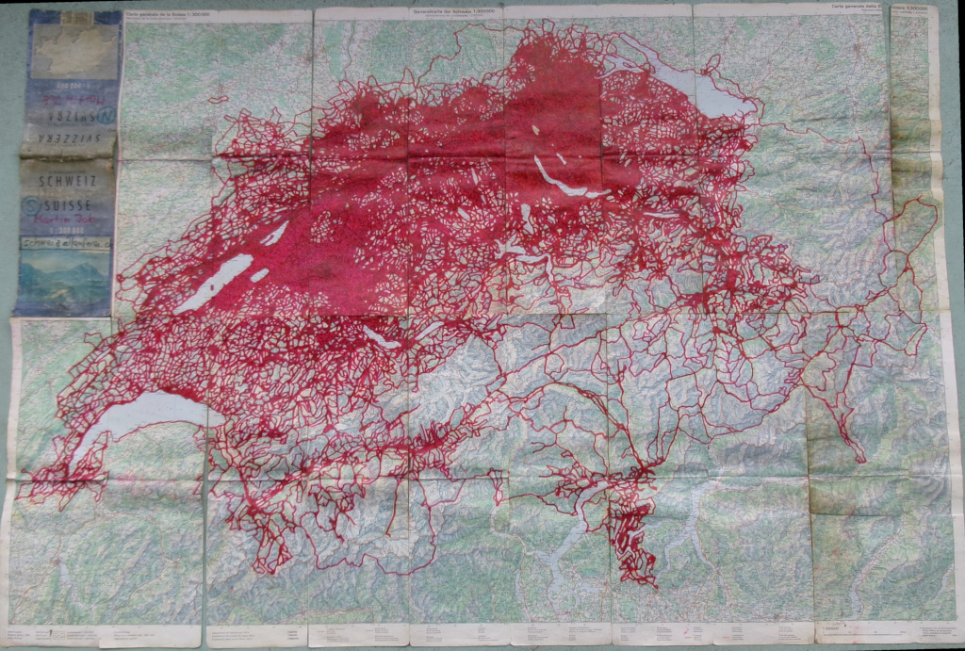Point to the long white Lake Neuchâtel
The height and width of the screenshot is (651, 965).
click(214, 284)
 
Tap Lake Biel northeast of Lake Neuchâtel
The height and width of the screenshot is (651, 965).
click(274, 233)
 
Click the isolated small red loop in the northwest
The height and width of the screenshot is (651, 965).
click(219, 98)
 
